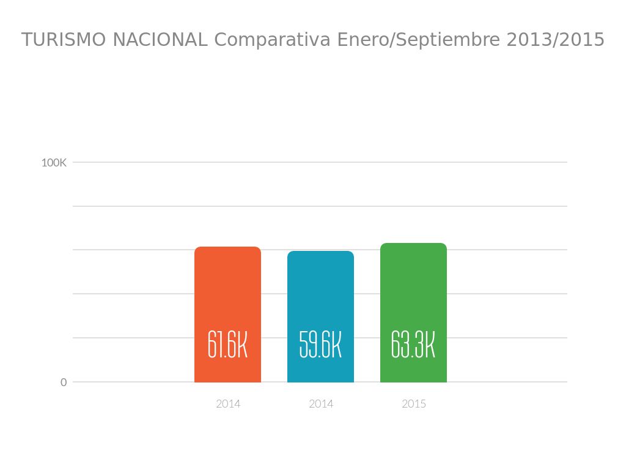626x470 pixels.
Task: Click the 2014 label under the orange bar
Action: click(x=228, y=404)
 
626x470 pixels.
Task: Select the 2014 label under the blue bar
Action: click(x=321, y=404)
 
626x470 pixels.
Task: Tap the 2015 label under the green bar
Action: click(x=414, y=404)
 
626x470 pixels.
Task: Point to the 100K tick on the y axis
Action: click(x=54, y=163)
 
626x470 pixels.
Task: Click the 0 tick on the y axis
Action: click(x=64, y=382)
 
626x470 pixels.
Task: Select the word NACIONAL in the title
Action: click(x=160, y=40)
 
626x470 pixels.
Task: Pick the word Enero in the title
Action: click(x=355, y=40)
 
